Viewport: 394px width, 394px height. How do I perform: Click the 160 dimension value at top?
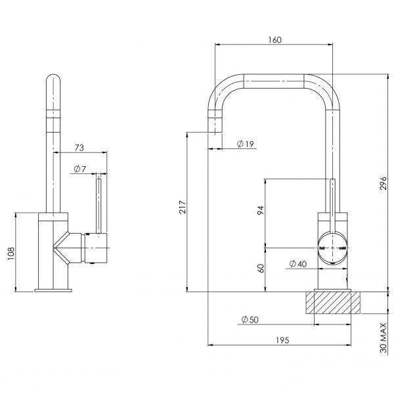click(274, 40)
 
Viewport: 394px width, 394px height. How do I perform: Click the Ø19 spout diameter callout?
click(246, 144)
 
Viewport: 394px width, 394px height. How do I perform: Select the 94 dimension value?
click(260, 211)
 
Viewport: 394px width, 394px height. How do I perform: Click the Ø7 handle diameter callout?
click(80, 170)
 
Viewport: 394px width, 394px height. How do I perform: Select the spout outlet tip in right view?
click(215, 130)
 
